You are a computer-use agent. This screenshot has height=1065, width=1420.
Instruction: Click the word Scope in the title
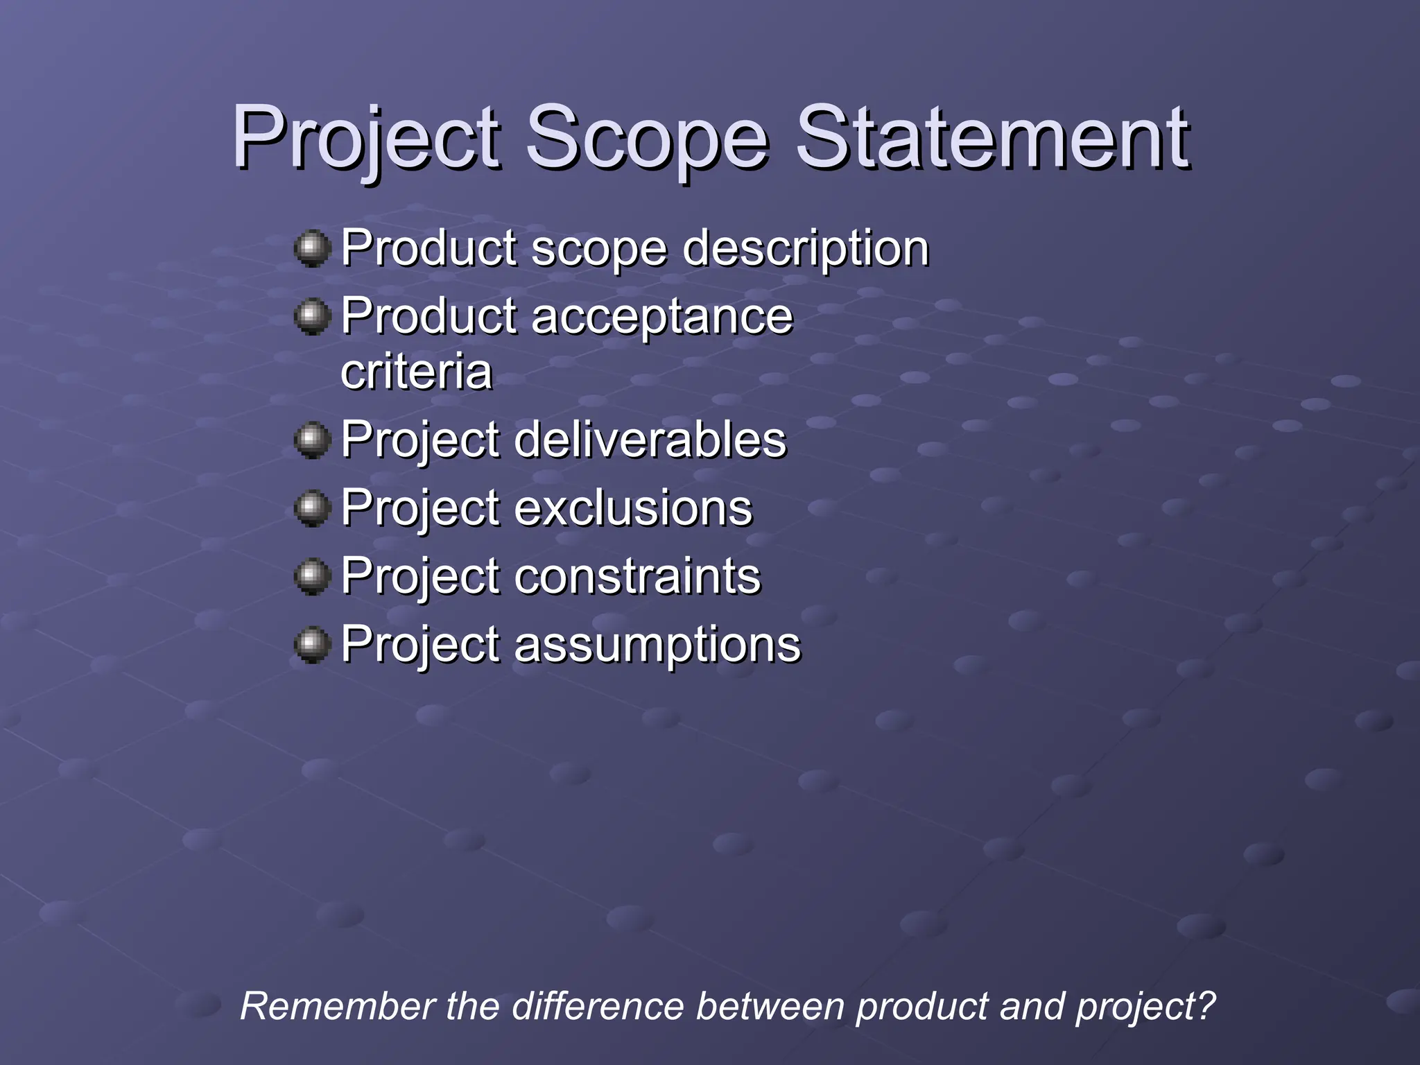646,139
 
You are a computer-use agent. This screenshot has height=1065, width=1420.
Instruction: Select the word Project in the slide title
365,139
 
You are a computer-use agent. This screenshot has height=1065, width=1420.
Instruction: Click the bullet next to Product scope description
312,248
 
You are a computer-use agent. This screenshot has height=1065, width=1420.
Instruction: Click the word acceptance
661,316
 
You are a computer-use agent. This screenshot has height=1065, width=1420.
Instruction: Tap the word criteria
416,372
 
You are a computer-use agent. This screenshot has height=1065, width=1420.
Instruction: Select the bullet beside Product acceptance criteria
312,317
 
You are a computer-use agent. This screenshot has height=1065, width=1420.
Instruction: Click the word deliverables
650,440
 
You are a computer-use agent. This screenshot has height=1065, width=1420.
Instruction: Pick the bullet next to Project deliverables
312,440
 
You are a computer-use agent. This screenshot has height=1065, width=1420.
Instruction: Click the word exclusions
633,508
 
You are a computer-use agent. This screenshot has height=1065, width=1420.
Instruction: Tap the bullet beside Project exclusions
312,508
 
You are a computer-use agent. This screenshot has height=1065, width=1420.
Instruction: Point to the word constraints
637,575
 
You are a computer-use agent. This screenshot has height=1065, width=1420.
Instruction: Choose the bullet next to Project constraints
312,576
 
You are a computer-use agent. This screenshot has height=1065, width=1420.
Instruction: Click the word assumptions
657,645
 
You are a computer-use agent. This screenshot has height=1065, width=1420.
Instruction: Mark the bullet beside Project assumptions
312,645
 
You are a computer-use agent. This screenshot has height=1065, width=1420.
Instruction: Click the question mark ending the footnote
1206,1005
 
